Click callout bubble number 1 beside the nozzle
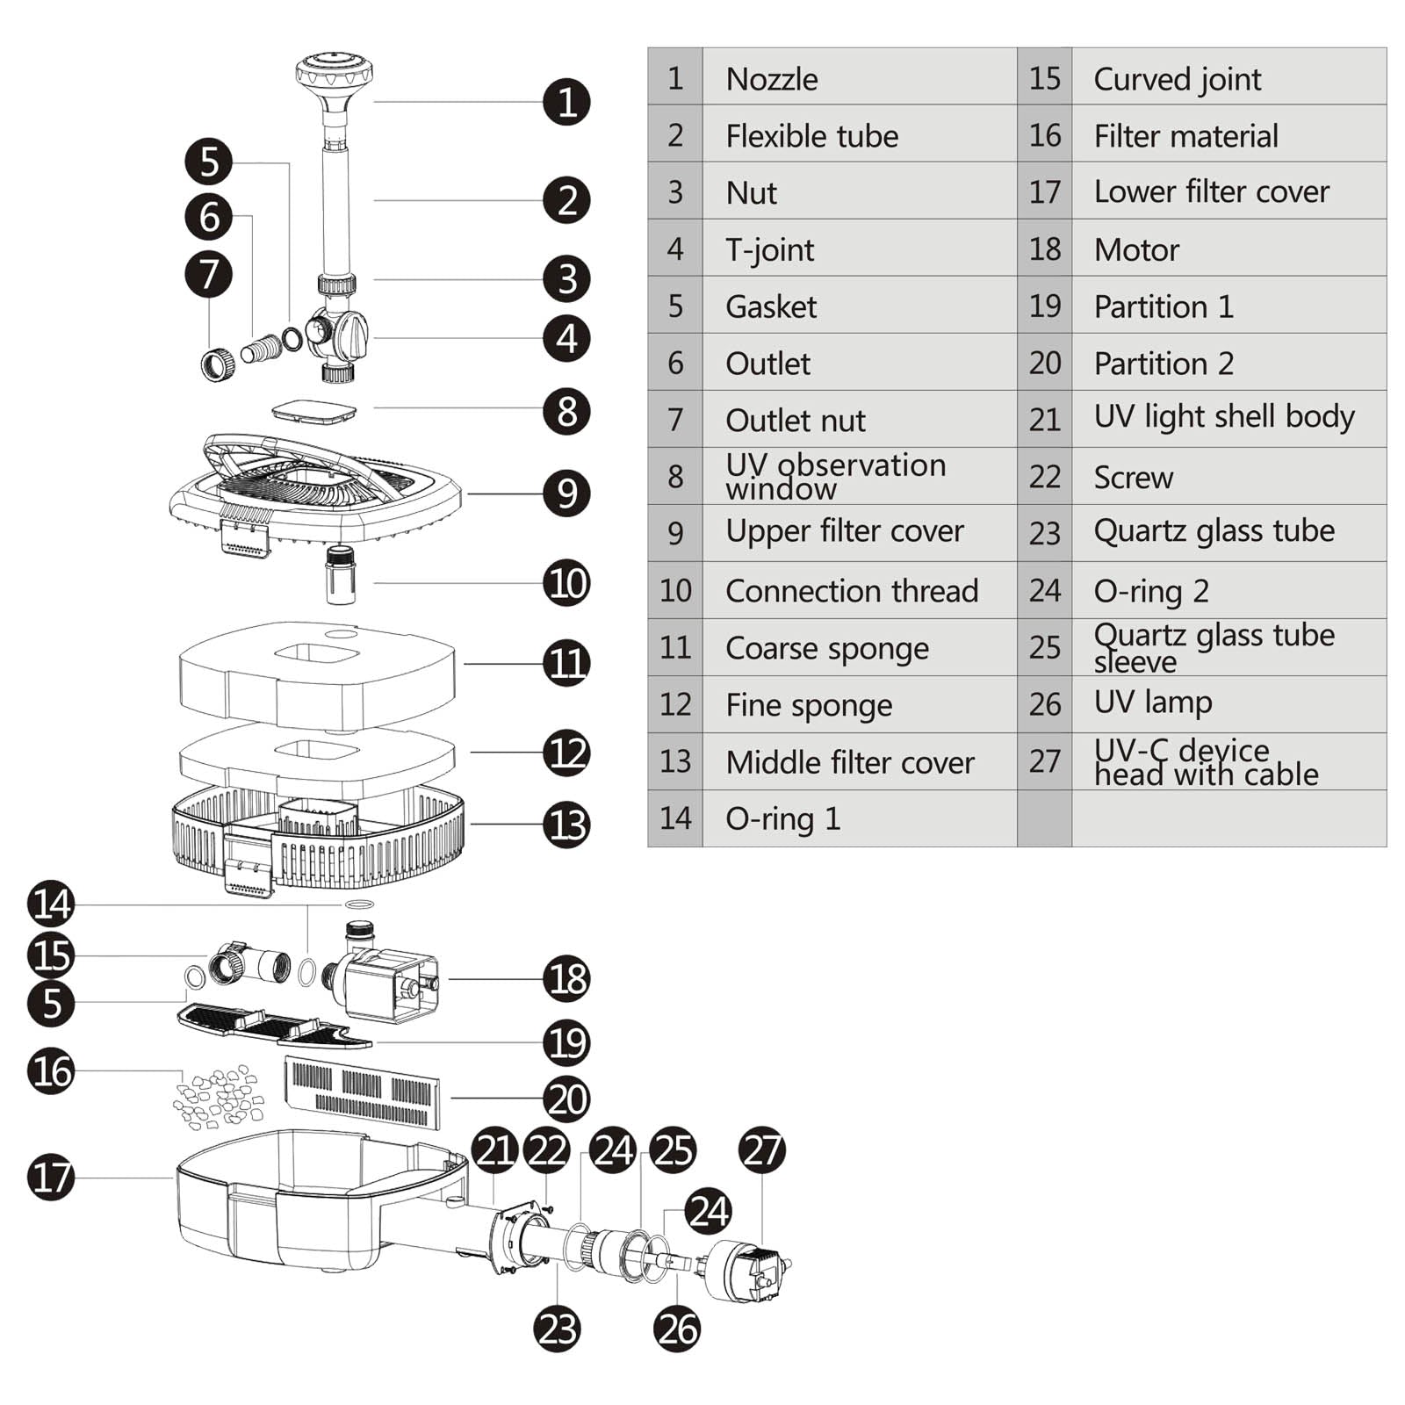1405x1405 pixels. (x=566, y=102)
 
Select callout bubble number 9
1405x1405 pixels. (x=566, y=494)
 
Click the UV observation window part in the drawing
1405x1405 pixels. (x=314, y=411)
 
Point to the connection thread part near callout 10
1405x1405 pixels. (x=340, y=575)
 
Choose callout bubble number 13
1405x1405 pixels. (x=566, y=825)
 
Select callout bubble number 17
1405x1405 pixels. (x=51, y=1178)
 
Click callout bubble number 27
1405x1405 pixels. (x=761, y=1150)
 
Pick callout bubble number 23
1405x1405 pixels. (x=557, y=1329)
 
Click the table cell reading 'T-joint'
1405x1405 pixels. (x=769, y=249)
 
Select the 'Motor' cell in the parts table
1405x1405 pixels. (x=1136, y=249)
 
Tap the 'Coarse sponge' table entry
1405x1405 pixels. (x=826, y=648)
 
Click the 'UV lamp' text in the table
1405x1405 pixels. (x=1152, y=702)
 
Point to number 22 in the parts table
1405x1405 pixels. (x=1045, y=477)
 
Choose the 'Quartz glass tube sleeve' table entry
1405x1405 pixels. (x=1214, y=647)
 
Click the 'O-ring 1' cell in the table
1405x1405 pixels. (x=782, y=818)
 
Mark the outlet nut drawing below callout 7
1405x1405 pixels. (x=218, y=363)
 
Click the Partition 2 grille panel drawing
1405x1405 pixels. (x=362, y=1092)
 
